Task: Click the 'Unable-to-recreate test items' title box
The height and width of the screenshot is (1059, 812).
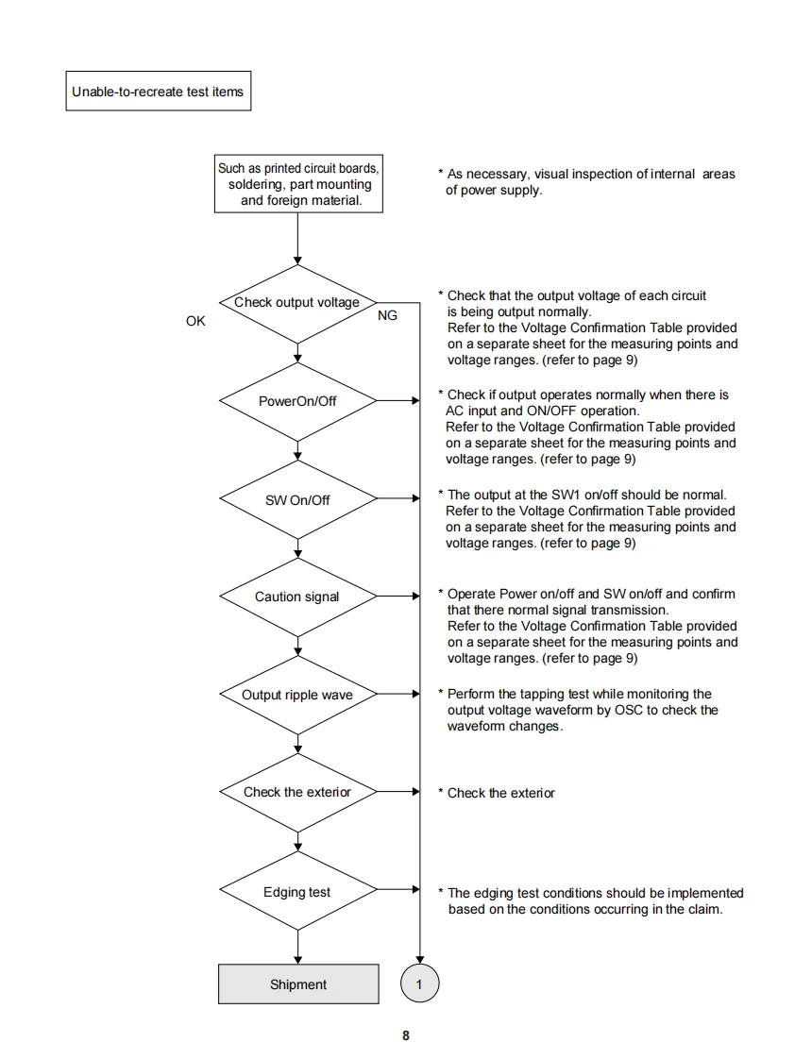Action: (158, 92)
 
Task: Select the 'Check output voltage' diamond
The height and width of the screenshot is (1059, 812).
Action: (297, 303)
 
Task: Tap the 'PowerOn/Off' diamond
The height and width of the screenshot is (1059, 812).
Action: (297, 401)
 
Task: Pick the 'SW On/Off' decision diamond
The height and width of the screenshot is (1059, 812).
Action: (297, 499)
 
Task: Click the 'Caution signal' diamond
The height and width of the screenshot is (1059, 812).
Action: (297, 597)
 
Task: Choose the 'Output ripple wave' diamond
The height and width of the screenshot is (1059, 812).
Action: (297, 695)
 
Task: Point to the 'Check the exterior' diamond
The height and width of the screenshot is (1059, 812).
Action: (297, 792)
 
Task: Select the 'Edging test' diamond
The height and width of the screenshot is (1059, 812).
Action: (297, 892)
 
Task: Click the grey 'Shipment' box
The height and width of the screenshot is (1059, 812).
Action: (298, 984)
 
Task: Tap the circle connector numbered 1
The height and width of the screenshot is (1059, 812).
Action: (420, 984)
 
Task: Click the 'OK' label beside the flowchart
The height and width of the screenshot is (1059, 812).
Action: (195, 322)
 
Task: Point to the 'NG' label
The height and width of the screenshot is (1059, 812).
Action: (387, 316)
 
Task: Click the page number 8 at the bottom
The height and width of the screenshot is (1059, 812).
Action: (406, 1035)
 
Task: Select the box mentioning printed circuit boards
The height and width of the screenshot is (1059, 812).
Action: (298, 184)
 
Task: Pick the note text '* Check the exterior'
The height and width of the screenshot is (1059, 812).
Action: (497, 794)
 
